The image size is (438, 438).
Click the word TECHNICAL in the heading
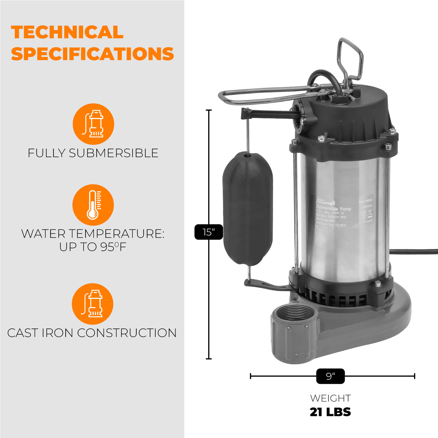(x=67, y=32)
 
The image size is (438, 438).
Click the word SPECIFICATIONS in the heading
(x=92, y=54)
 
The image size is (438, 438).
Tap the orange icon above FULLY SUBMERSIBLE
(x=93, y=124)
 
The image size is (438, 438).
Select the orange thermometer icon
(x=93, y=205)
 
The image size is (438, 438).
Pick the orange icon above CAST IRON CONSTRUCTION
(x=93, y=304)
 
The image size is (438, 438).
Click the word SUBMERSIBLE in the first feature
(x=113, y=153)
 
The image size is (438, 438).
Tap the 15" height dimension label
(x=209, y=232)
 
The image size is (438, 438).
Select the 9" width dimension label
(x=330, y=376)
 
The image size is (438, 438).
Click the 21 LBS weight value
(x=330, y=412)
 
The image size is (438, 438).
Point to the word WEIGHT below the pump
(x=330, y=398)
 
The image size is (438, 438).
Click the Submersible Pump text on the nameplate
(x=333, y=209)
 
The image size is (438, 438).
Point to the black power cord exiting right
(x=415, y=251)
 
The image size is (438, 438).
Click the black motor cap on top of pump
(x=346, y=112)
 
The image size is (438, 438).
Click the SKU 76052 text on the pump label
(x=365, y=201)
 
